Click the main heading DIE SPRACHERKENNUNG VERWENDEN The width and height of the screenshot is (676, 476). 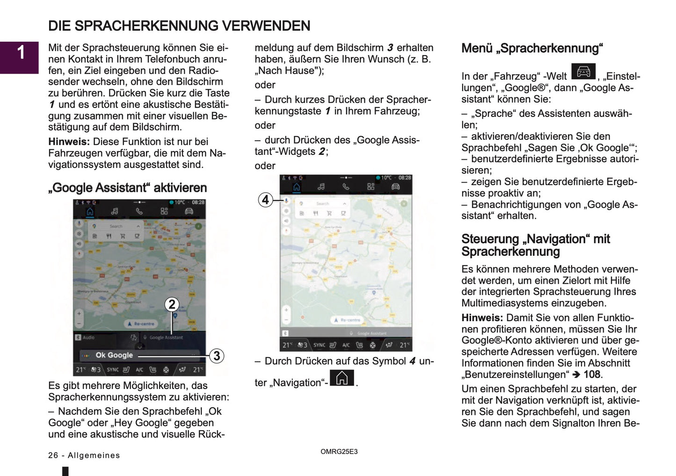179,26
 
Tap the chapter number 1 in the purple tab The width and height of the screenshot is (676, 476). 21,52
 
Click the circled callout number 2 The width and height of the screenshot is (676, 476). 172,304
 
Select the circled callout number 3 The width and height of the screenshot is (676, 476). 216,356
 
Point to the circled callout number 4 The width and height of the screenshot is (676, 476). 265,200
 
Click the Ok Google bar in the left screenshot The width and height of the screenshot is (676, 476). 114,355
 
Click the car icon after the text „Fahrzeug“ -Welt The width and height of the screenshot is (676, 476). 583,72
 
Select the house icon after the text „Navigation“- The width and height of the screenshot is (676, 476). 342,378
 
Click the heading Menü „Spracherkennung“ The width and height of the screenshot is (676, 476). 532,49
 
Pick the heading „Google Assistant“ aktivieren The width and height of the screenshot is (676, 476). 127,188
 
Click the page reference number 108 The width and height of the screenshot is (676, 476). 592,375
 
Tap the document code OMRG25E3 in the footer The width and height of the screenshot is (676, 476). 339,452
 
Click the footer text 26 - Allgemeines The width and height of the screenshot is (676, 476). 84,455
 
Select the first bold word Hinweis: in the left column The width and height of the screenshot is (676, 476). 68,142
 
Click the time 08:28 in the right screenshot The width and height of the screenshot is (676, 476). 405,178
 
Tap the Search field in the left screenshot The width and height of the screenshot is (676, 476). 116,226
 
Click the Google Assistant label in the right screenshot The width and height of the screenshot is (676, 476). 371,333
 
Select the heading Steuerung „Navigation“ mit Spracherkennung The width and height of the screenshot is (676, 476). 535,245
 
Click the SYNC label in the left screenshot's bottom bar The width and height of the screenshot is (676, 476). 113,370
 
